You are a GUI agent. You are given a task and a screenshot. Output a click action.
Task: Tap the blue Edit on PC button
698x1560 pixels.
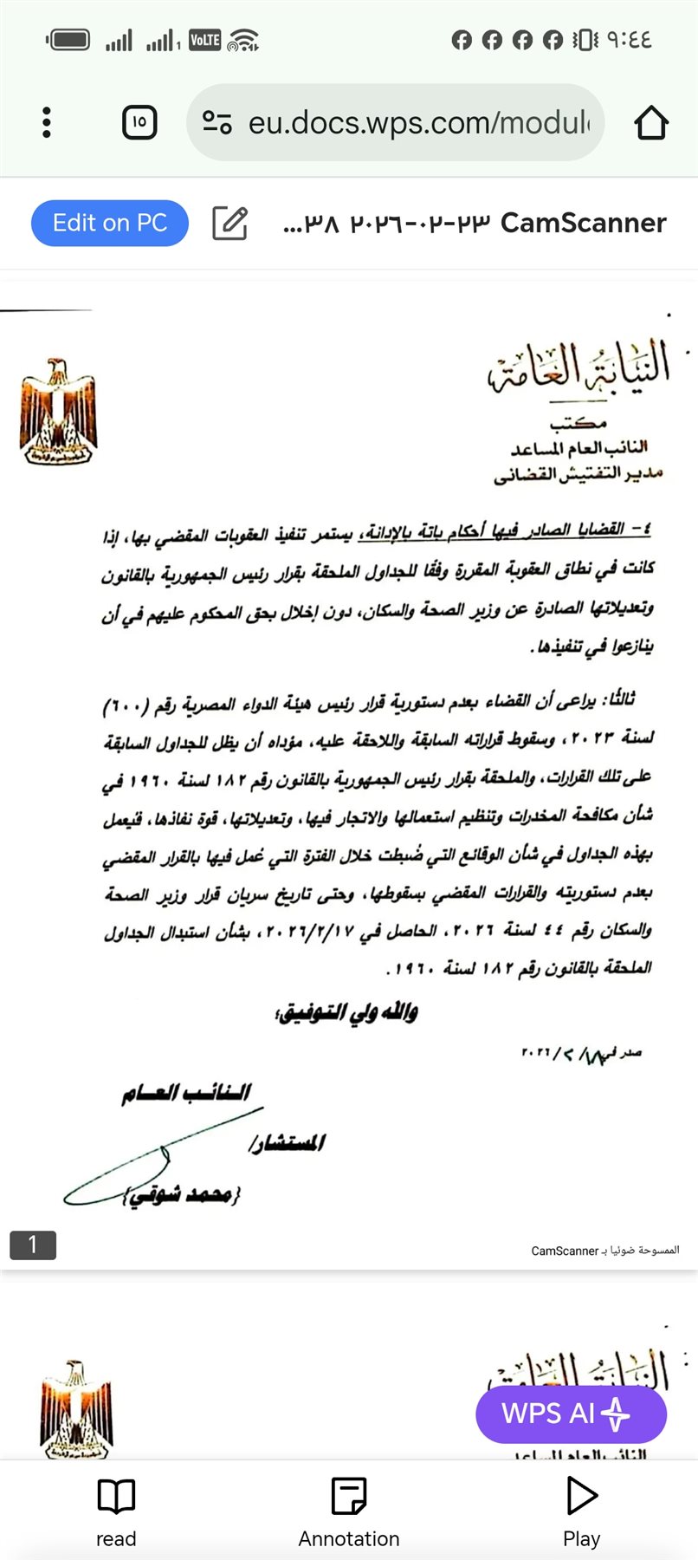point(110,224)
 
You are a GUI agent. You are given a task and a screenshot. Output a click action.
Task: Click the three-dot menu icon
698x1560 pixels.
point(47,123)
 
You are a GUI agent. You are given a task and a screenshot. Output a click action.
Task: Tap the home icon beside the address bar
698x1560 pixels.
point(651,123)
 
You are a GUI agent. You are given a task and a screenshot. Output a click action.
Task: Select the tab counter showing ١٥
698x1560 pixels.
point(139,123)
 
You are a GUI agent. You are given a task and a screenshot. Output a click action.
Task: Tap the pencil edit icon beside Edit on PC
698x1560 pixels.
point(230,224)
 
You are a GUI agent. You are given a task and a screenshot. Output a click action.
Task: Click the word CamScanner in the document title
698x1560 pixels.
point(583,224)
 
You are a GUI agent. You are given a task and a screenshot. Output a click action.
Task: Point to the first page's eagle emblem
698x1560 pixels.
point(58,412)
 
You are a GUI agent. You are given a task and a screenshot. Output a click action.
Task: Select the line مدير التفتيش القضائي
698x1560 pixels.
point(578,474)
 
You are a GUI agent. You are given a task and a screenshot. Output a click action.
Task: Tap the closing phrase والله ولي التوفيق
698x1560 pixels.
point(346,1012)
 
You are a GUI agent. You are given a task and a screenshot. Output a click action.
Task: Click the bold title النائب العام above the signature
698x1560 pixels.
point(186,1093)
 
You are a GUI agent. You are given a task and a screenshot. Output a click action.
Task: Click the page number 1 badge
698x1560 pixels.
point(33,1245)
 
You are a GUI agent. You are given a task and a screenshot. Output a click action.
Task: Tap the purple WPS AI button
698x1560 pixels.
point(570,1414)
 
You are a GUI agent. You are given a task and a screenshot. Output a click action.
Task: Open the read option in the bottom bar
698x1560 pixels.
point(116,1511)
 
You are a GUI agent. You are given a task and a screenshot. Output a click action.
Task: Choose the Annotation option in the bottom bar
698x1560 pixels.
point(349,1511)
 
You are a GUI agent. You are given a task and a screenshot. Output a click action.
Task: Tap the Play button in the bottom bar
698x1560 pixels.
point(581,1511)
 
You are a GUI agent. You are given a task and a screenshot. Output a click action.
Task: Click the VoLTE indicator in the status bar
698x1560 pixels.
point(204,40)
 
